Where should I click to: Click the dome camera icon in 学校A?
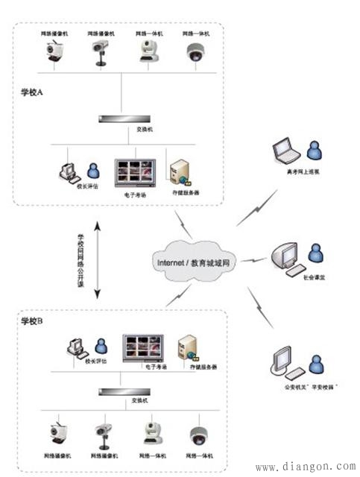click(196, 53)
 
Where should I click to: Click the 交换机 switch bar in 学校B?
click(123, 391)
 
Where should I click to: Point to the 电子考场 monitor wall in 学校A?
click(134, 173)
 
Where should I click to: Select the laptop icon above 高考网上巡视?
click(285, 151)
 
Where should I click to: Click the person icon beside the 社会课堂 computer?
click(316, 253)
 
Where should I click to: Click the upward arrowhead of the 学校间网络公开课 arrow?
click(97, 221)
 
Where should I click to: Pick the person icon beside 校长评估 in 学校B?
click(101, 345)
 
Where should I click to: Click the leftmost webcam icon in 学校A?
click(54, 52)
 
